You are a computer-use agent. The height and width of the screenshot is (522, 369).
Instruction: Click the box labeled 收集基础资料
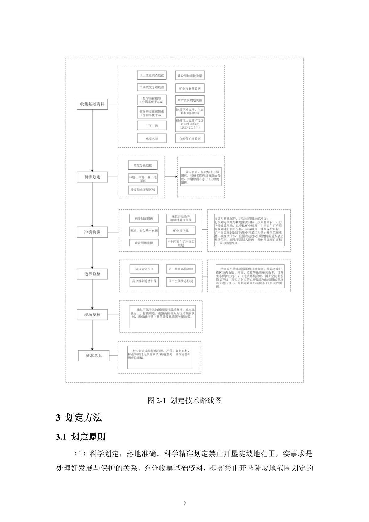coord(92,104)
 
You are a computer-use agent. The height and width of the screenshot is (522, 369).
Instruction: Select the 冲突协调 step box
coord(92,232)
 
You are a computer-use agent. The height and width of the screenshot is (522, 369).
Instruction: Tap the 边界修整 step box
coord(92,274)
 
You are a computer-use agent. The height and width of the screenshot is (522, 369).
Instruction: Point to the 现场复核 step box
coord(92,315)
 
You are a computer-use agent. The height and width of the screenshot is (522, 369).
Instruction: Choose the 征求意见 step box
coord(94,355)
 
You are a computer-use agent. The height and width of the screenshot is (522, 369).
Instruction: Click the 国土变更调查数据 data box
coord(152,75)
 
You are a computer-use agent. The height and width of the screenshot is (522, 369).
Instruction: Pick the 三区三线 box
coord(152,126)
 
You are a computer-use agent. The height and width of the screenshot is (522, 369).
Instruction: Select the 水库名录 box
coord(152,138)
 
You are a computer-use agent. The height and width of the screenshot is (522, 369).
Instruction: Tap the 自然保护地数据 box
coord(190,138)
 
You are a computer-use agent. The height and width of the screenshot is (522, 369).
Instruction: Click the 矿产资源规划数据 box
coord(190,100)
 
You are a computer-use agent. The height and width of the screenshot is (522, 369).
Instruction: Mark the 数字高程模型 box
coord(152,100)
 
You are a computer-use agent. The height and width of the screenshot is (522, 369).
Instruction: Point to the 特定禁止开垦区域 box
coord(143,190)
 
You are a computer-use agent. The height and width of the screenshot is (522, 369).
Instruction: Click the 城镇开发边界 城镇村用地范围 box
coord(180,218)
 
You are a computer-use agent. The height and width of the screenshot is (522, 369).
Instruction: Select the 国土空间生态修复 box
coord(180,281)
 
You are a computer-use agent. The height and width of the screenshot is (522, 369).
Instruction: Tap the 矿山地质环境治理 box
coord(180,269)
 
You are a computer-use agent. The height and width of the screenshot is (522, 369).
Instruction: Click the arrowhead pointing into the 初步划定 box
coord(92,170)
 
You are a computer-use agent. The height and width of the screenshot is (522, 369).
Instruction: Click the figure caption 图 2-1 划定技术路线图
coord(184,400)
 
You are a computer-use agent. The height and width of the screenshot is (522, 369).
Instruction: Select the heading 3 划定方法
coord(79,417)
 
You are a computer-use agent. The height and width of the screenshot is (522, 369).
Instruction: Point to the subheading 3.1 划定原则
coord(81,437)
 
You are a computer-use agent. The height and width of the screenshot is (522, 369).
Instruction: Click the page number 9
coord(184,503)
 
